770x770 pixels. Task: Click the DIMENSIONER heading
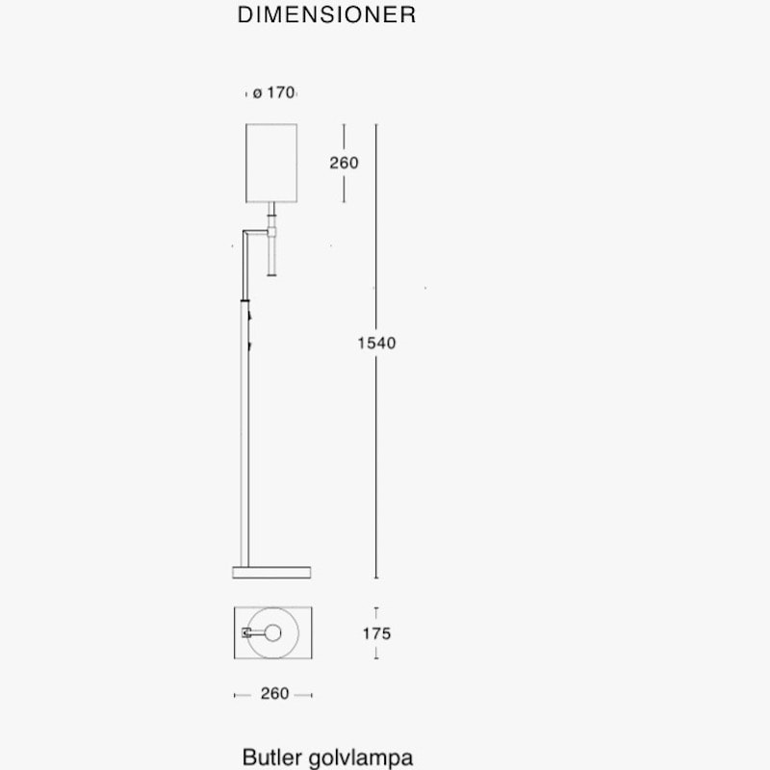coord(326,16)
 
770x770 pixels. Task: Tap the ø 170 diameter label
coord(273,93)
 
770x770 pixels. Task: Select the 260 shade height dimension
coord(344,163)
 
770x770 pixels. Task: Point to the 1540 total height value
coord(376,343)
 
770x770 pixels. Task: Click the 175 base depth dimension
coord(376,633)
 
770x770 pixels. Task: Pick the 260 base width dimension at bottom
coord(274,694)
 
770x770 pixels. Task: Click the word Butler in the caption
coord(270,757)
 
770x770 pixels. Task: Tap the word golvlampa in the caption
coord(362,757)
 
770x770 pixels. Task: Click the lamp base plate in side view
coord(272,573)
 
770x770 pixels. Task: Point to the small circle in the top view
coord(273,633)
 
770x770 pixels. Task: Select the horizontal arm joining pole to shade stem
coord(257,232)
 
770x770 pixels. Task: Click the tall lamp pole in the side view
coord(245,433)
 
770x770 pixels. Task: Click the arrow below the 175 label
coord(376,655)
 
